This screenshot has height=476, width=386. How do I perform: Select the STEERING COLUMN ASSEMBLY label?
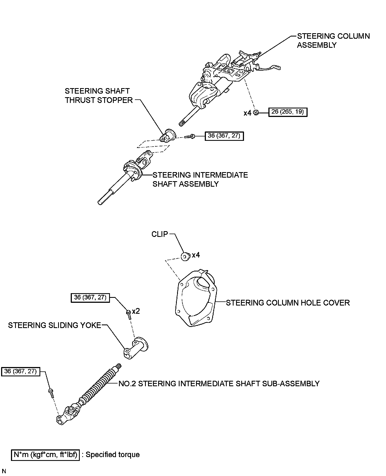click(333, 41)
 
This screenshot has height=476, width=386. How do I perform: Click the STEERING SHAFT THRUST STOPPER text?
click(99, 96)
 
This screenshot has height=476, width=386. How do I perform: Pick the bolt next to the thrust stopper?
click(189, 136)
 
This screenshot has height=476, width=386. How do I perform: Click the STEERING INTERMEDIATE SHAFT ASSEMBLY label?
click(200, 179)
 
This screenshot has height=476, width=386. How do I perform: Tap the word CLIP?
click(160, 234)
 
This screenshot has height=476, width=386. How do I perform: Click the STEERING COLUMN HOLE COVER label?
click(288, 303)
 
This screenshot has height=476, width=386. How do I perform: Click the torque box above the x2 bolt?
click(90, 298)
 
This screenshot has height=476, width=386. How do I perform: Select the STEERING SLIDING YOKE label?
click(55, 325)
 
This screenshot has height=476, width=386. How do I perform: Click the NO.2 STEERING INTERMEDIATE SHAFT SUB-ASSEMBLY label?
click(219, 383)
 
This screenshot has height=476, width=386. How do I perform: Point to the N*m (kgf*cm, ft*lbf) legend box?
click(45, 455)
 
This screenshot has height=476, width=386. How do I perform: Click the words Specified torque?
click(113, 455)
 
